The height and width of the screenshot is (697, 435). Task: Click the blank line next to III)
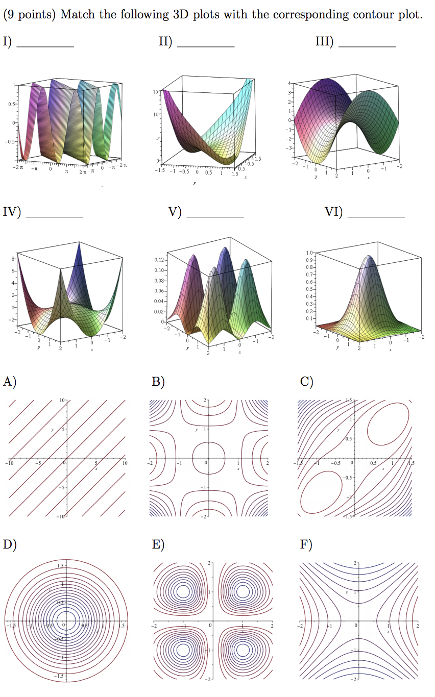pyautogui.click(x=367, y=45)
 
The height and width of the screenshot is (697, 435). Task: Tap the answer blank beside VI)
pyautogui.click(x=376, y=216)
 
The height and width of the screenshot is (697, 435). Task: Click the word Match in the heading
pyautogui.click(x=77, y=14)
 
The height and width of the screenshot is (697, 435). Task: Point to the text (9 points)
pyautogui.click(x=29, y=14)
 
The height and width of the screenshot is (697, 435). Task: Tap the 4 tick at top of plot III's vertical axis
pyautogui.click(x=289, y=83)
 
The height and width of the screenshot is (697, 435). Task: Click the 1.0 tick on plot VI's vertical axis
pyautogui.click(x=309, y=253)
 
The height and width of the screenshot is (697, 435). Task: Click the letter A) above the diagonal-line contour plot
pyautogui.click(x=9, y=382)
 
